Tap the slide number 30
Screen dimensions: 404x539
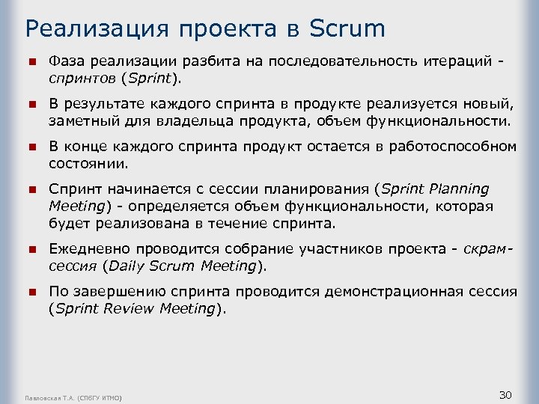coord(505,394)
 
